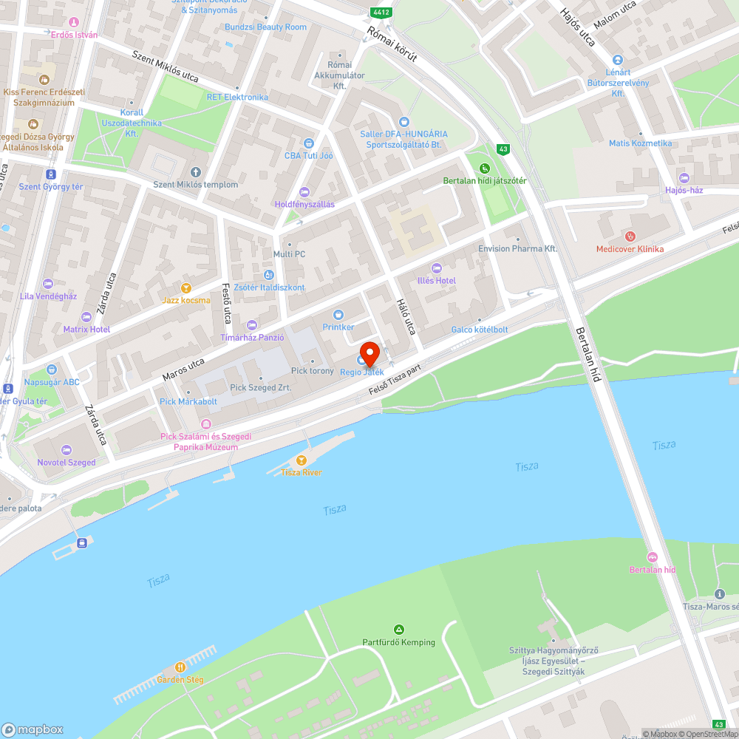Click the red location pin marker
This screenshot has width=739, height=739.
pos(369,353)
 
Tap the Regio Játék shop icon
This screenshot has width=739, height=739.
pos(361,360)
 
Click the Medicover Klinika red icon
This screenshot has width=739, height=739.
pos(630,236)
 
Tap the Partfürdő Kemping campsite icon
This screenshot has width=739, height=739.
pos(398,630)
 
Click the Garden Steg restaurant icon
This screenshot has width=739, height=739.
pos(180,667)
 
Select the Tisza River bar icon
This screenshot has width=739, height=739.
pos(301,460)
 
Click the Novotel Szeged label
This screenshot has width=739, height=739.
pos(67,463)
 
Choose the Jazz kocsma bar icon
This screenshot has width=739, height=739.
pos(186,288)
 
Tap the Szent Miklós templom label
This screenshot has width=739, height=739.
pos(195,185)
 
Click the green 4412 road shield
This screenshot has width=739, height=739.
pos(381,13)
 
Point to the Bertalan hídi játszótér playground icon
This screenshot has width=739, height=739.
pos(485,168)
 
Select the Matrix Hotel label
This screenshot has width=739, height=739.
pos(86,329)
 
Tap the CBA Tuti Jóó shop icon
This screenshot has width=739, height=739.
pos(309,143)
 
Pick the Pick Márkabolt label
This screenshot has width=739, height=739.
pos(188,401)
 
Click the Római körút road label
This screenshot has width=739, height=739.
pos(392,50)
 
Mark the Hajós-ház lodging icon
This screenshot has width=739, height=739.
pos(683,178)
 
